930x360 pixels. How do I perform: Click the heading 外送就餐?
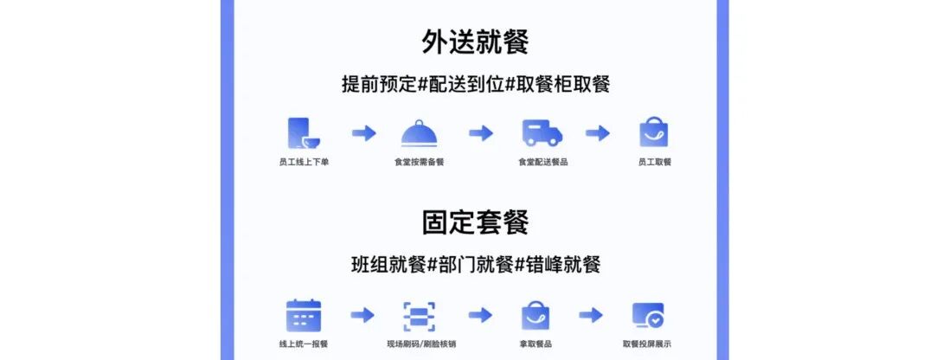pos(475,41)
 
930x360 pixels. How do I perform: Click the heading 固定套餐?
pos(475,222)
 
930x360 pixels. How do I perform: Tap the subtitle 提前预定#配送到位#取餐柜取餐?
pos(475,85)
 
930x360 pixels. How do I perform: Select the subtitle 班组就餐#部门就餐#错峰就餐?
pos(475,265)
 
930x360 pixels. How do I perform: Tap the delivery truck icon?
pos(542,133)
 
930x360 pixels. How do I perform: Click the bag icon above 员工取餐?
pos(654,133)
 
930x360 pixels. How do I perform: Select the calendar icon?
pos(303,316)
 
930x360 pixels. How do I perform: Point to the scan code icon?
pos(420,316)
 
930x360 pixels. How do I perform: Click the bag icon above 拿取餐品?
pos(536,316)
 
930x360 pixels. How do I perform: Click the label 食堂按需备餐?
pos(419,162)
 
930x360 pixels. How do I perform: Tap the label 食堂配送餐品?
pos(542,162)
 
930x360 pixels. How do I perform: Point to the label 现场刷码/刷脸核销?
pos(420,344)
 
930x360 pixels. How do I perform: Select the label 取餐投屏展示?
pos(646,344)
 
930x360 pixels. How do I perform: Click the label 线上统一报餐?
pos(303,344)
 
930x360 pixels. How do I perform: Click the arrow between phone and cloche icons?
pos(363,133)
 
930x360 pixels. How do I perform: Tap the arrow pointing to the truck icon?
pos(481,133)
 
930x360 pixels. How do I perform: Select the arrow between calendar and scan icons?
pos(362,315)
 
